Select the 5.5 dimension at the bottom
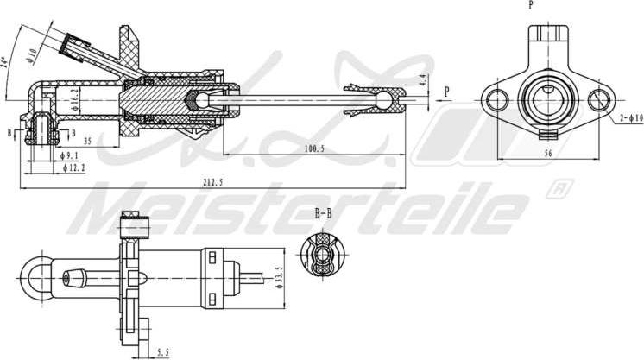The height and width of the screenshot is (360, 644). (x=163, y=351)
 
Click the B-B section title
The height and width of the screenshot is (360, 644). (x=323, y=212)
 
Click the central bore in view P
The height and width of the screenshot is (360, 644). (x=548, y=98)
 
